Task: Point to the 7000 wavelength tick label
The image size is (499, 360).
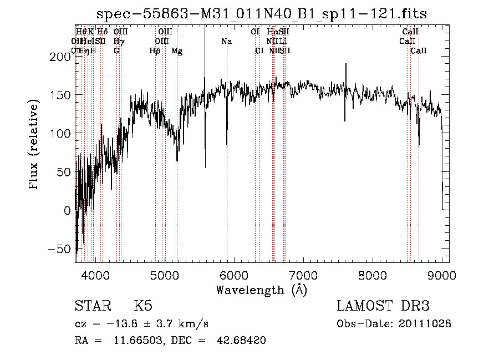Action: click(303, 274)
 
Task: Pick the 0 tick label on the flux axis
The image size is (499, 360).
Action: click(67, 211)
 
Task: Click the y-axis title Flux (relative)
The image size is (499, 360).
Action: click(35, 145)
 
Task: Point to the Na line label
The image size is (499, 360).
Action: click(226, 42)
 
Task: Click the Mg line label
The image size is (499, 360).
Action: click(177, 51)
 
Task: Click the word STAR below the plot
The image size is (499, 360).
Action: click(92, 306)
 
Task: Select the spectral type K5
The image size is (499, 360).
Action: click(143, 306)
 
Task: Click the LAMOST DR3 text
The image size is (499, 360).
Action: click(383, 306)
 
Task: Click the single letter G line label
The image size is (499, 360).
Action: click(116, 51)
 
